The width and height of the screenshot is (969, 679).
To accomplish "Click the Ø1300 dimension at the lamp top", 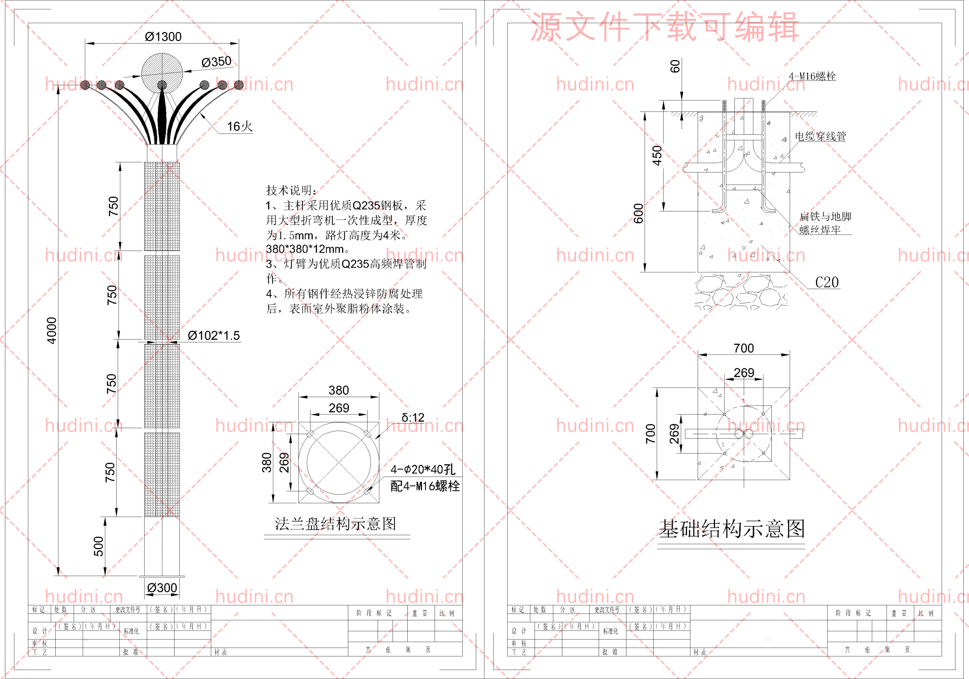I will coord(163,37).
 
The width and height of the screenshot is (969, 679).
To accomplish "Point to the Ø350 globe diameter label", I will coord(216,62).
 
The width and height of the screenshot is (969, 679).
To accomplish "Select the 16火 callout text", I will coord(239,126).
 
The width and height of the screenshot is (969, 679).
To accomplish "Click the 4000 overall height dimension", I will coord(51,330).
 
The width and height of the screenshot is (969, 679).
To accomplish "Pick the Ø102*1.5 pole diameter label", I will coord(213,335).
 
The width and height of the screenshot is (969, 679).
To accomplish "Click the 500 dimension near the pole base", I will coord(98,546).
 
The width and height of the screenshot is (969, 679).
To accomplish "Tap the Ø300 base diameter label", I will coord(162,587).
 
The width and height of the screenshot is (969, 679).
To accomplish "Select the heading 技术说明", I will coord(291,190).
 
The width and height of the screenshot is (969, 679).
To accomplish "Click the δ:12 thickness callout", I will coord(413,418).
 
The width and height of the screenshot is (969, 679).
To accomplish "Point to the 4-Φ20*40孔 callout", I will coord(422,469).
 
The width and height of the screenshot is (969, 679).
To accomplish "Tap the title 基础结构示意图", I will coord(732,529).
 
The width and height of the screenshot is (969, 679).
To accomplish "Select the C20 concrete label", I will coord(827,282).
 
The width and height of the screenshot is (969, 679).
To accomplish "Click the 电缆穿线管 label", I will coord(821,136).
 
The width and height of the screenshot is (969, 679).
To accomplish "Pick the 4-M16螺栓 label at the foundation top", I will coord(812,76).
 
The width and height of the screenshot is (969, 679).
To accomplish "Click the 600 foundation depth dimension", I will coord(639,213).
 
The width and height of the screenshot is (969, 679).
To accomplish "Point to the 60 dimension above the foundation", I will coord(675,66).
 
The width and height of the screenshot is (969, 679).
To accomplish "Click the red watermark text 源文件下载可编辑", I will coord(664,27).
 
